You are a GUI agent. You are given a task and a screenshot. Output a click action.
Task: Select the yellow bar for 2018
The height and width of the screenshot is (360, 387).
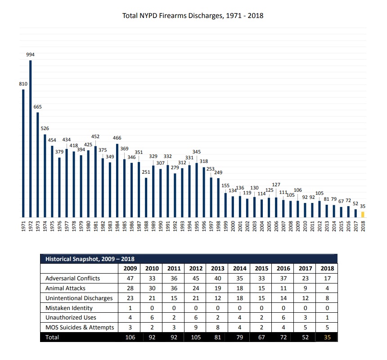[363, 214]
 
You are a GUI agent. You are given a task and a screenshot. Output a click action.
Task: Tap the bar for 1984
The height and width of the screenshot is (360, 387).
[117, 180]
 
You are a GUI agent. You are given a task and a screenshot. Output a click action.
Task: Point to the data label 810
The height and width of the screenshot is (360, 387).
[23, 84]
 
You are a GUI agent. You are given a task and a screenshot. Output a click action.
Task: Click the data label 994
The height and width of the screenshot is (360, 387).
[31, 54]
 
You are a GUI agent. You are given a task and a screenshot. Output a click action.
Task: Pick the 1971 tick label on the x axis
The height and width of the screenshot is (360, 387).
[23, 226]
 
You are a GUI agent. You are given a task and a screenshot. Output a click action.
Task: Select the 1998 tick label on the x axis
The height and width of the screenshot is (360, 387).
[218, 226]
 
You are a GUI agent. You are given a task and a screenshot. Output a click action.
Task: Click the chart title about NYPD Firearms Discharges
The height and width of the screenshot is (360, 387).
[193, 15]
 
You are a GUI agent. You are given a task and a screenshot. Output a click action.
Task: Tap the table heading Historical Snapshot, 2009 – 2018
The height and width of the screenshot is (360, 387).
[90, 259]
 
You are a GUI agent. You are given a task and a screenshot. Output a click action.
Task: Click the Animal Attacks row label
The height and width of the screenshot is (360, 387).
[65, 288]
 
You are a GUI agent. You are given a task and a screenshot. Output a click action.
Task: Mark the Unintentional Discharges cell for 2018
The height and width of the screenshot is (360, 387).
[327, 298]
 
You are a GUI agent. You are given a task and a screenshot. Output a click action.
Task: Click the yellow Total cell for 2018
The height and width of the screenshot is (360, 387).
[327, 337]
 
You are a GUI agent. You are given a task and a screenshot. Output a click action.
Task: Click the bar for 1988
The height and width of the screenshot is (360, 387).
[146, 198]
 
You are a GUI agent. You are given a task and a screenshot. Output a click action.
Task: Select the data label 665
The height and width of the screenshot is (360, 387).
[38, 107]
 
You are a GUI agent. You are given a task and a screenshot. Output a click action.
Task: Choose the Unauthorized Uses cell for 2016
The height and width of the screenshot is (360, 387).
[283, 317]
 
